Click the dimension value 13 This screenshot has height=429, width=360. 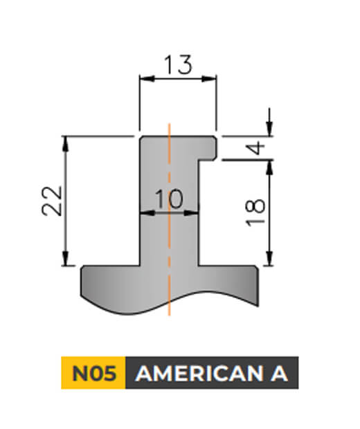[178, 66]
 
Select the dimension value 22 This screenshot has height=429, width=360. [55, 201]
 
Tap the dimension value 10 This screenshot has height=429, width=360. [168, 199]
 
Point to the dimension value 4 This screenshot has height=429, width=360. [255, 147]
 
